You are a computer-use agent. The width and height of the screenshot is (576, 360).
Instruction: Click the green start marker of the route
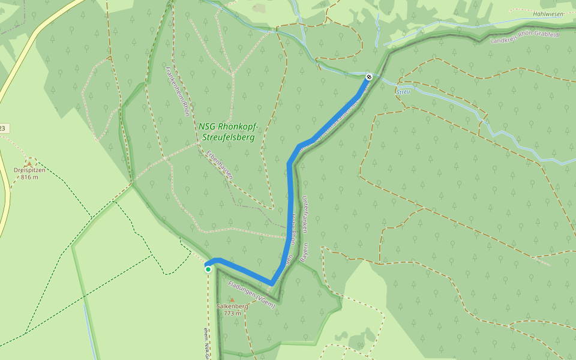pyautogui.click(x=208, y=269)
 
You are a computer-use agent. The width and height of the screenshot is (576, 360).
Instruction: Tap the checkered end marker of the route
pyautogui.click(x=368, y=76)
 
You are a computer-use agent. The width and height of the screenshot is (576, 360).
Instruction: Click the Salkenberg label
pyautogui.click(x=232, y=306)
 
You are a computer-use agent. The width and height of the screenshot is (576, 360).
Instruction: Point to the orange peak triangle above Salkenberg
pyautogui.click(x=232, y=299)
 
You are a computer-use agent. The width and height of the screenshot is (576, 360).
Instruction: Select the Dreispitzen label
pyautogui.click(x=29, y=170)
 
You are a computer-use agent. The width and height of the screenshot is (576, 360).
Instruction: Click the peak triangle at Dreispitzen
pyautogui.click(x=29, y=163)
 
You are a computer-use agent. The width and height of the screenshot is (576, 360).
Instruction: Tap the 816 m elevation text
pyautogui.click(x=29, y=177)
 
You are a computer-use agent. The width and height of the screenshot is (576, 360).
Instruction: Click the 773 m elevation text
pyautogui.click(x=232, y=313)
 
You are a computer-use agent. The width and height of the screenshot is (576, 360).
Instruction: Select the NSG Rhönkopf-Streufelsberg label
pyautogui.click(x=228, y=132)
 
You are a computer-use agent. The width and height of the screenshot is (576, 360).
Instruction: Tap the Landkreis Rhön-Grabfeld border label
pyautogui.click(x=524, y=38)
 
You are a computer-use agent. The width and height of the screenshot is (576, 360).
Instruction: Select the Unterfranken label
pyautogui.click(x=305, y=214)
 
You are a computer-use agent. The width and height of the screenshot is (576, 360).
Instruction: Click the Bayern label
pyautogui.click(x=304, y=254)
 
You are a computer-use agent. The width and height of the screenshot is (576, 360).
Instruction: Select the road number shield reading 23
pyautogui.click(x=3, y=128)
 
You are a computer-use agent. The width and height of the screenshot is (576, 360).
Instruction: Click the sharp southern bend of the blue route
pyautogui.click(x=271, y=284)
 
